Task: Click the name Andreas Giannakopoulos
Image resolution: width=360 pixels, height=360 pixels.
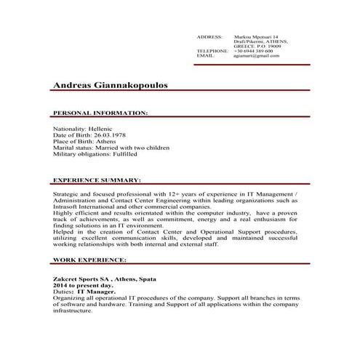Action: (110, 85)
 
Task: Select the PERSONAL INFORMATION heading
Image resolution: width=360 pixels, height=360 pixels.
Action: (100, 113)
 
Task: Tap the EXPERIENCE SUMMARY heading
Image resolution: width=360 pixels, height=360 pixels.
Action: (97, 179)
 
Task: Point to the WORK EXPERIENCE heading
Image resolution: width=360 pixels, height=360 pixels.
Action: (89, 259)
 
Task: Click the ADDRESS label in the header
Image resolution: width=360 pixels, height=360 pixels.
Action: (209, 36)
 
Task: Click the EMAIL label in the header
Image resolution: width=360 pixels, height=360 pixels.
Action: (205, 56)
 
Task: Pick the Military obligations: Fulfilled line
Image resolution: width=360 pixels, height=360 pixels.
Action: (95, 153)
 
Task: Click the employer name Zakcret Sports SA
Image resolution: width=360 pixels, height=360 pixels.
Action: (81, 279)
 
